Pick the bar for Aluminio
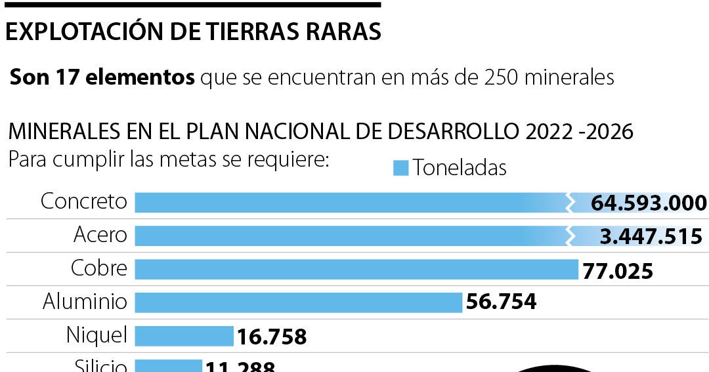[x=299, y=302]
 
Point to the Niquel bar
[x=184, y=336]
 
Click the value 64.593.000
[x=649, y=203]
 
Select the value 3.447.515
[x=651, y=236]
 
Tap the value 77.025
[x=618, y=270]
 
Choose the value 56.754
[x=501, y=302]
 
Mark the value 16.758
[x=271, y=337]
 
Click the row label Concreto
[x=83, y=201]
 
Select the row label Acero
[x=100, y=235]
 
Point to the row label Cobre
[x=98, y=268]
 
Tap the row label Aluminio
[x=85, y=302]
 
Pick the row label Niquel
[x=97, y=335]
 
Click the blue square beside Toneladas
[x=400, y=168]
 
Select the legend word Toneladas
[x=460, y=168]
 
